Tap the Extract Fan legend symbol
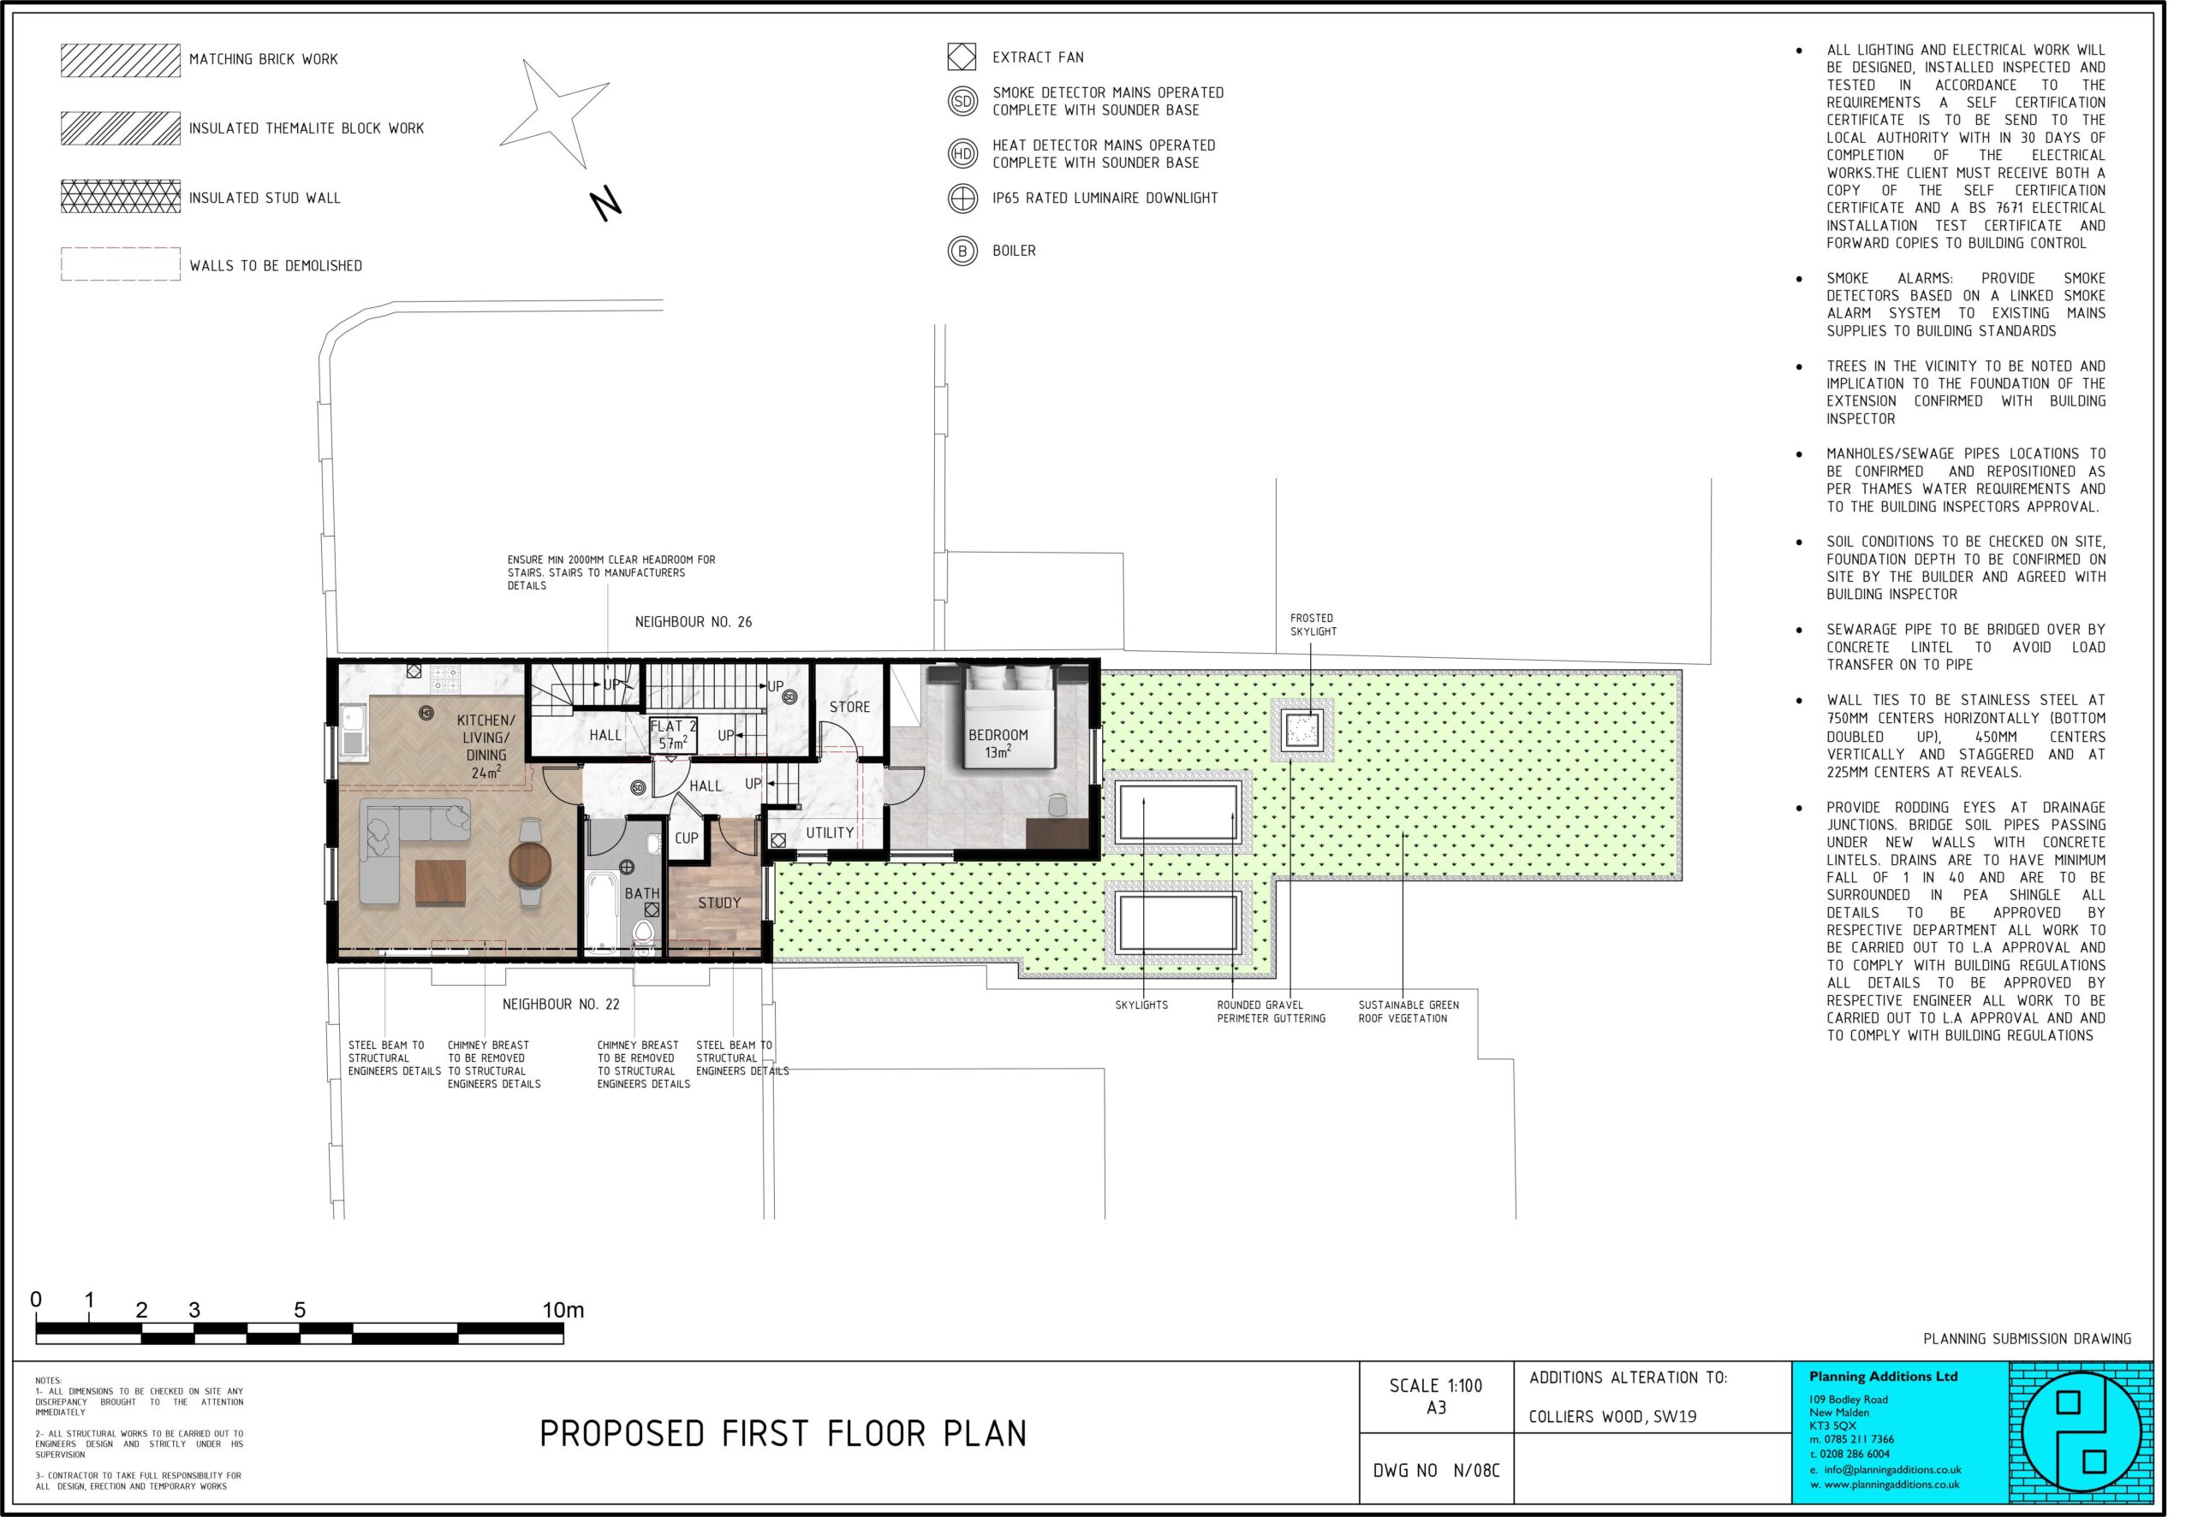(x=962, y=57)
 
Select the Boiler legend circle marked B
(x=962, y=251)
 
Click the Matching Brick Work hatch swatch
(x=121, y=60)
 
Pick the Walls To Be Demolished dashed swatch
(x=121, y=264)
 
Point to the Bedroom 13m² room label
(x=998, y=744)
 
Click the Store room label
(x=849, y=708)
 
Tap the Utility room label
(x=829, y=833)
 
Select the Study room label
(x=719, y=903)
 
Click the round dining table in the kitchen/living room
(x=530, y=864)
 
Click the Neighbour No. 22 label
(x=561, y=1004)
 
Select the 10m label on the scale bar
(x=563, y=1310)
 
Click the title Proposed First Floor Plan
(x=783, y=1433)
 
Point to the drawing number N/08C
(x=1476, y=1471)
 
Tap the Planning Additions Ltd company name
(x=1883, y=1377)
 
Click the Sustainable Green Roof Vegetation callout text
(x=1409, y=1011)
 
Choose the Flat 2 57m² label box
(x=673, y=735)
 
